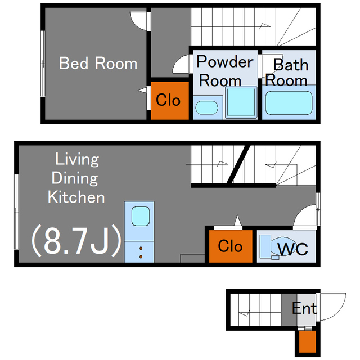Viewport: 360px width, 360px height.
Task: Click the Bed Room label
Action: (98, 63)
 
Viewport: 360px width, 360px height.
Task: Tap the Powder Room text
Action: (225, 71)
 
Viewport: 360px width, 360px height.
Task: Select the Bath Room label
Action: (287, 73)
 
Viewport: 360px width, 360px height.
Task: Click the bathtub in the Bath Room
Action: (289, 103)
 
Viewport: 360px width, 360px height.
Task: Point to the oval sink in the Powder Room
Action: (206, 107)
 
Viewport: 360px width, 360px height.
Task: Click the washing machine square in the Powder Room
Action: (241, 102)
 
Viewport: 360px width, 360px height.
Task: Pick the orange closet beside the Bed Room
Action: (170, 101)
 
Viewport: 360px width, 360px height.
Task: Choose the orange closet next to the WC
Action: (231, 246)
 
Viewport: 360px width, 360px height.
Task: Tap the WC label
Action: (292, 249)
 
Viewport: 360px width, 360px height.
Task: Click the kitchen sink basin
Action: (141, 216)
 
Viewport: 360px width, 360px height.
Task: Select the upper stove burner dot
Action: (141, 249)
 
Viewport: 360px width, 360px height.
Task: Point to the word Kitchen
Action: (76, 197)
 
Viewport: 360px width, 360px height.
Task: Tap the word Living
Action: (77, 159)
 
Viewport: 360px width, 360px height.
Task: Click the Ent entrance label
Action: (305, 308)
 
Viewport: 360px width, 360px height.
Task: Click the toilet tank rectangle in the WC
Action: (265, 246)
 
